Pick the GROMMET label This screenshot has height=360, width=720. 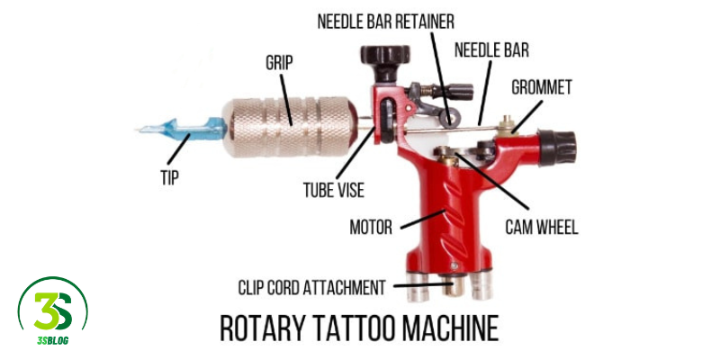(x=541, y=88)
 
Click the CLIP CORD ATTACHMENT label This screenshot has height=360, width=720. (x=311, y=288)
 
